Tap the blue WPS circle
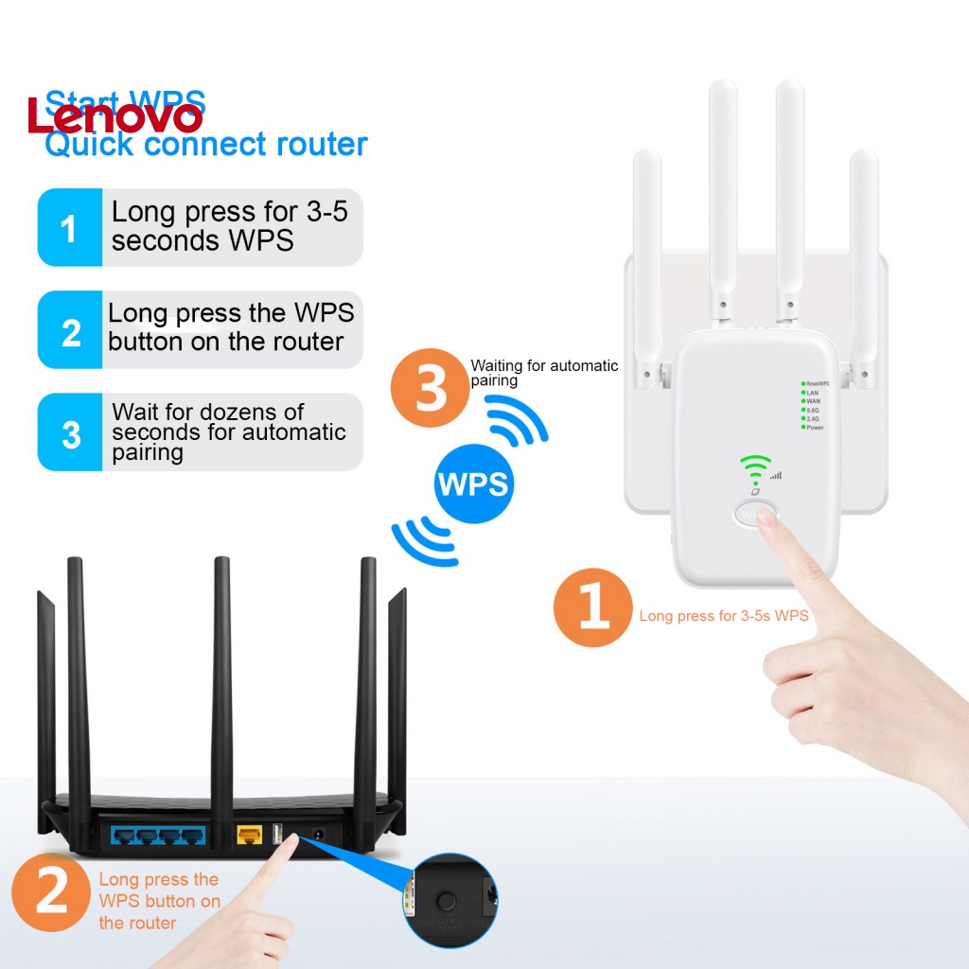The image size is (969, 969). pyautogui.click(x=473, y=484)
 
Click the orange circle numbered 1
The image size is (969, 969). pyautogui.click(x=592, y=608)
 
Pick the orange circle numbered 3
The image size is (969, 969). pyautogui.click(x=431, y=388)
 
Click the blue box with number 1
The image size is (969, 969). pyautogui.click(x=69, y=227)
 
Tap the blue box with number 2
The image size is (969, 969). pyautogui.click(x=69, y=330)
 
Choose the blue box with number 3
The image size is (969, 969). pyautogui.click(x=69, y=433)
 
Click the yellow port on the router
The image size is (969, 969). pyautogui.click(x=249, y=836)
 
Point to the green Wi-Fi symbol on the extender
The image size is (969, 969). pyautogui.click(x=754, y=467)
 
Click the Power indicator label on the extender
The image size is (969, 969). pyautogui.click(x=814, y=428)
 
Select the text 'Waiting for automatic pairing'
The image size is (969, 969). pyautogui.click(x=544, y=373)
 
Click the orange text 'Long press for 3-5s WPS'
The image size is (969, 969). pyautogui.click(x=724, y=616)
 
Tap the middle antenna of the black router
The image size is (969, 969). pyautogui.click(x=221, y=681)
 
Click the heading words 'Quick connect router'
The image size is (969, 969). pyautogui.click(x=206, y=145)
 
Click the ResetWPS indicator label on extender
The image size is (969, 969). pyautogui.click(x=817, y=383)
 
